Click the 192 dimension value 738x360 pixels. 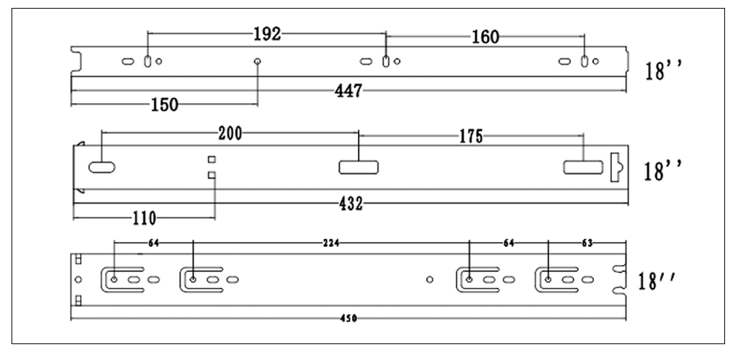click(266, 34)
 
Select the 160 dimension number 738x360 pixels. click(485, 37)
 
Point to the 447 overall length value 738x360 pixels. click(348, 91)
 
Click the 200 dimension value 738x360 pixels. click(230, 132)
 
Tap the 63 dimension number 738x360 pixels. click(588, 243)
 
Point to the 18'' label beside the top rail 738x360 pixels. click(663, 72)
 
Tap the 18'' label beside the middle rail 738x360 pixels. click(663, 171)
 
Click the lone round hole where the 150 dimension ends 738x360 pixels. click(257, 62)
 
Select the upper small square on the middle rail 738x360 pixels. click(212, 159)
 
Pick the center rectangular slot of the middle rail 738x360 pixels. click(359, 168)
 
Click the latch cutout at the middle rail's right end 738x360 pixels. click(616, 166)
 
